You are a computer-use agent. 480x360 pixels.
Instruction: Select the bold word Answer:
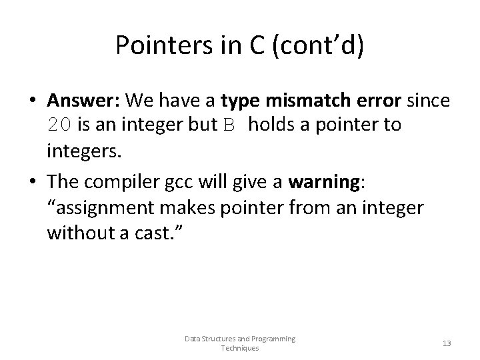[x=83, y=101]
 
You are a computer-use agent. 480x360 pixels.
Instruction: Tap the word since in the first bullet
[x=427, y=101]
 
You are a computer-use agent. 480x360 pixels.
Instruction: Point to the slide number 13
[x=447, y=343]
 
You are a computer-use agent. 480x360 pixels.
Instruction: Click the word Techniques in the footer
[x=239, y=348]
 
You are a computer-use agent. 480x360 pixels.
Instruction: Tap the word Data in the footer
[x=191, y=339]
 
